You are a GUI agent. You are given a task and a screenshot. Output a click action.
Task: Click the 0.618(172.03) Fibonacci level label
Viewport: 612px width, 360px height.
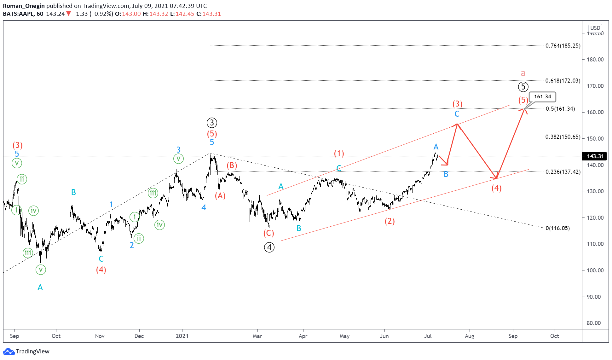pos(563,81)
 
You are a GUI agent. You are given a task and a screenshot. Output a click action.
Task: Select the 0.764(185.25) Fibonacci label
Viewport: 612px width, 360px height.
pos(563,46)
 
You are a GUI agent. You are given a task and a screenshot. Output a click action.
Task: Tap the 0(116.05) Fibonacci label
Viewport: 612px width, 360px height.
pos(557,228)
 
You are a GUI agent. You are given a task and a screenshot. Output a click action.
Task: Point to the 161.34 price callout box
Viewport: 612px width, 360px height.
pos(542,97)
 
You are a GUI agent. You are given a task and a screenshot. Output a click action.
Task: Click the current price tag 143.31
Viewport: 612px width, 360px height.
pos(595,156)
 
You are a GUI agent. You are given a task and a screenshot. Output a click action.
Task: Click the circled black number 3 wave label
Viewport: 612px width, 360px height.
pos(212,123)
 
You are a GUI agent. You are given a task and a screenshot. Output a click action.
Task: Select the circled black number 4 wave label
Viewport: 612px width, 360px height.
pos(269,247)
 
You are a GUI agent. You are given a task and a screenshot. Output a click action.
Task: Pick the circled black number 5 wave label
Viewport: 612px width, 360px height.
pos(523,87)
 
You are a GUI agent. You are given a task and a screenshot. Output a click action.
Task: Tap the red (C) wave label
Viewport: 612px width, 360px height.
pos(269,233)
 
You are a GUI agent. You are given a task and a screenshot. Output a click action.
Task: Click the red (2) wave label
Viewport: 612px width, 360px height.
pos(390,221)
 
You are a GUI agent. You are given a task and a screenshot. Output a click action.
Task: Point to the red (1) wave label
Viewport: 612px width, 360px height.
pos(339,154)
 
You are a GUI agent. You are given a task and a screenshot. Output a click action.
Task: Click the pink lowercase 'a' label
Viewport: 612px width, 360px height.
pos(523,73)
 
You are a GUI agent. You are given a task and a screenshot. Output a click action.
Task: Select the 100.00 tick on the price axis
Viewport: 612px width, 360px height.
pos(595,270)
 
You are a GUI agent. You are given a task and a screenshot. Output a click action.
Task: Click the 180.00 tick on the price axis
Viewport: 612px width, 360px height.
pos(595,60)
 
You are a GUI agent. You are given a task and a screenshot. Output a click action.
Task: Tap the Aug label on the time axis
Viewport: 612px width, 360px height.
pos(469,336)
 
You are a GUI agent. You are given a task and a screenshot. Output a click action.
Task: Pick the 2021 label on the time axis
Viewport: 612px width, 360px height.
pos(182,336)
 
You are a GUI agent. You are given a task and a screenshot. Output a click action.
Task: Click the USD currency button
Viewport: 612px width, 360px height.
pos(595,28)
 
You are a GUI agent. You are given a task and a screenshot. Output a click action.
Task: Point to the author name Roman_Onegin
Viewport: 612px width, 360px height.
pos(24,6)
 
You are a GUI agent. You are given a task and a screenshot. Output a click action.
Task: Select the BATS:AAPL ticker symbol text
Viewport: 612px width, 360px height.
pos(19,14)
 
